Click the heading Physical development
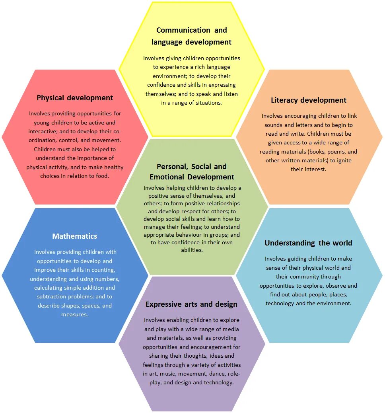(75, 98)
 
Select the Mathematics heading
(75, 236)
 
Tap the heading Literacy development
(309, 100)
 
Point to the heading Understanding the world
(309, 243)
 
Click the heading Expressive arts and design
(191, 304)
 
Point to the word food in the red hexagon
(102, 176)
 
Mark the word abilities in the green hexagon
(192, 250)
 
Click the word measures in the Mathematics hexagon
(75, 315)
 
